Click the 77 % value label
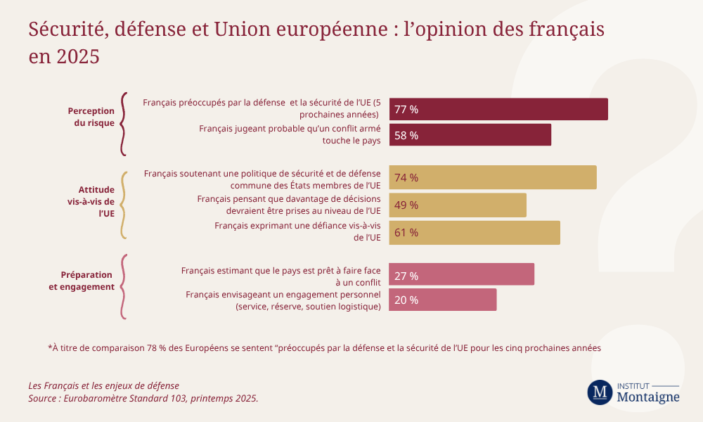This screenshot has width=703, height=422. point(406,110)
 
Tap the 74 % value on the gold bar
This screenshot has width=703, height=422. point(406,178)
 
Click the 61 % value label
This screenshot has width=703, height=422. point(406,233)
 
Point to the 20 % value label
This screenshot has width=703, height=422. point(406,300)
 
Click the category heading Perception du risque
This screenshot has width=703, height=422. point(91,117)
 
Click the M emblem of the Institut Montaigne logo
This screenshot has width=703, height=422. point(600,392)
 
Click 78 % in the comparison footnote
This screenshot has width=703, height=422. point(160,347)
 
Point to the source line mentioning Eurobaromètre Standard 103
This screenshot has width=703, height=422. point(143,398)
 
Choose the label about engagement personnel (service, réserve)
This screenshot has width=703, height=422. point(283,300)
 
